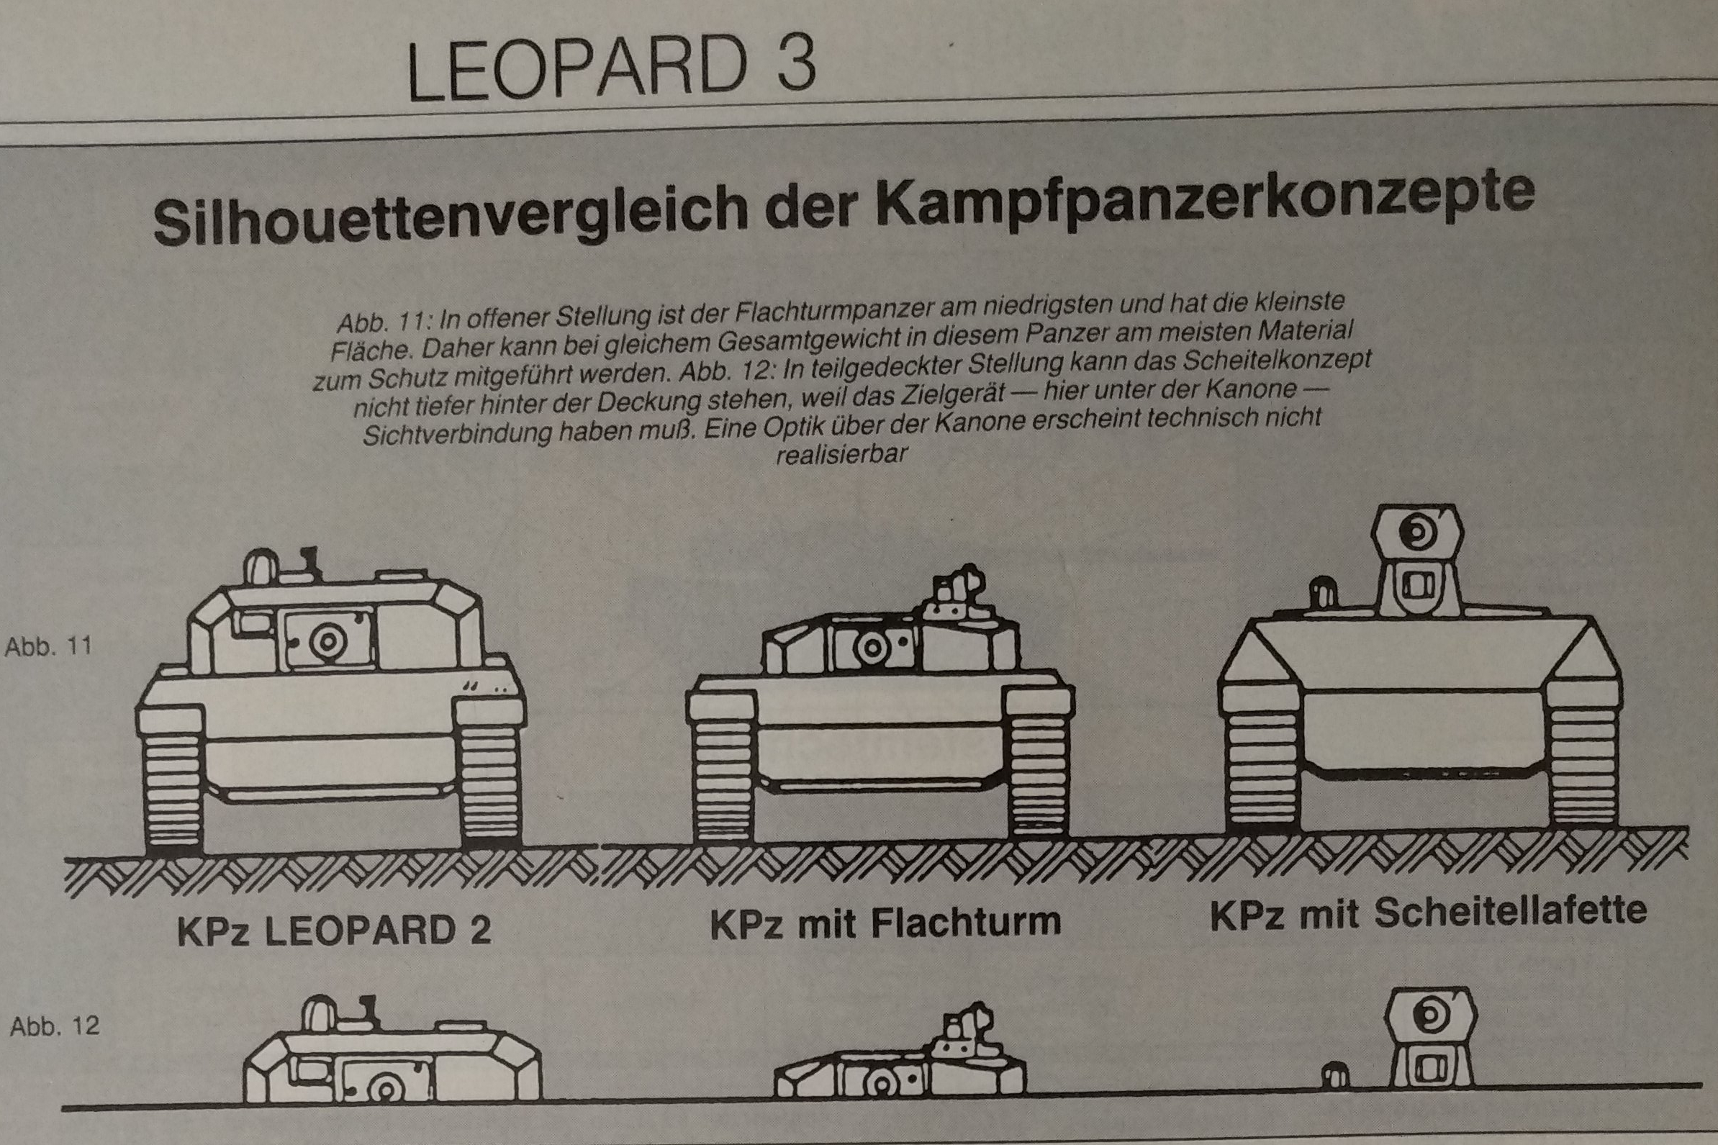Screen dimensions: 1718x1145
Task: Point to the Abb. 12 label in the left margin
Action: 55,1026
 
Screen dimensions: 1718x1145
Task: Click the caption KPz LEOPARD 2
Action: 335,932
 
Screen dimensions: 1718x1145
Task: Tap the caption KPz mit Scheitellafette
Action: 1429,912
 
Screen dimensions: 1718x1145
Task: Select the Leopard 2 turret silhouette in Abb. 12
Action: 392,1062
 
